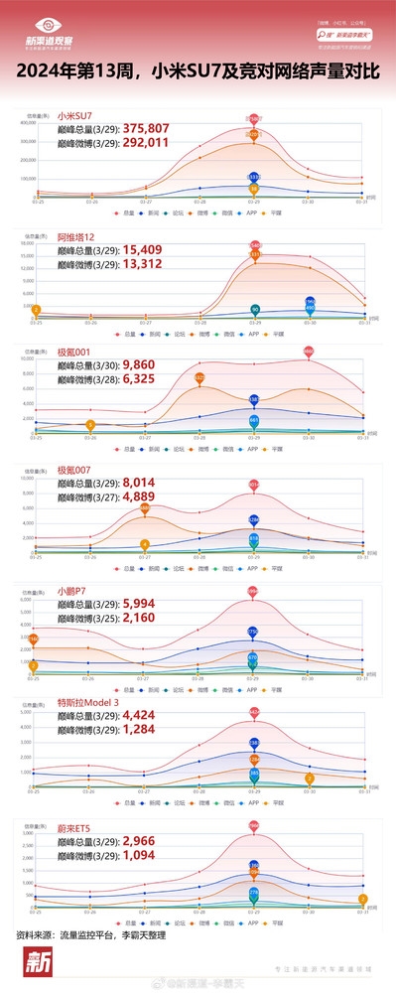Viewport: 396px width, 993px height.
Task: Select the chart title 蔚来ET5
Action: click(x=75, y=824)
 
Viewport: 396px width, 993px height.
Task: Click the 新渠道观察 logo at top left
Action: click(x=55, y=34)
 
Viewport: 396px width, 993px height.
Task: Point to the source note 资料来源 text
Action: click(x=90, y=935)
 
